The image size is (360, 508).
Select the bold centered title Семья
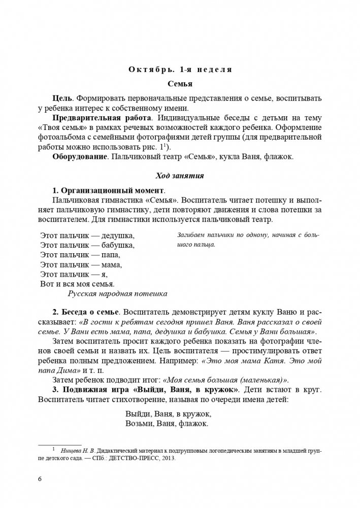click(x=180, y=83)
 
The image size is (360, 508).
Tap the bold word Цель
click(x=61, y=97)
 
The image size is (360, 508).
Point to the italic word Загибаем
click(x=192, y=235)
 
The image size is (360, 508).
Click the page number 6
click(x=40, y=479)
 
